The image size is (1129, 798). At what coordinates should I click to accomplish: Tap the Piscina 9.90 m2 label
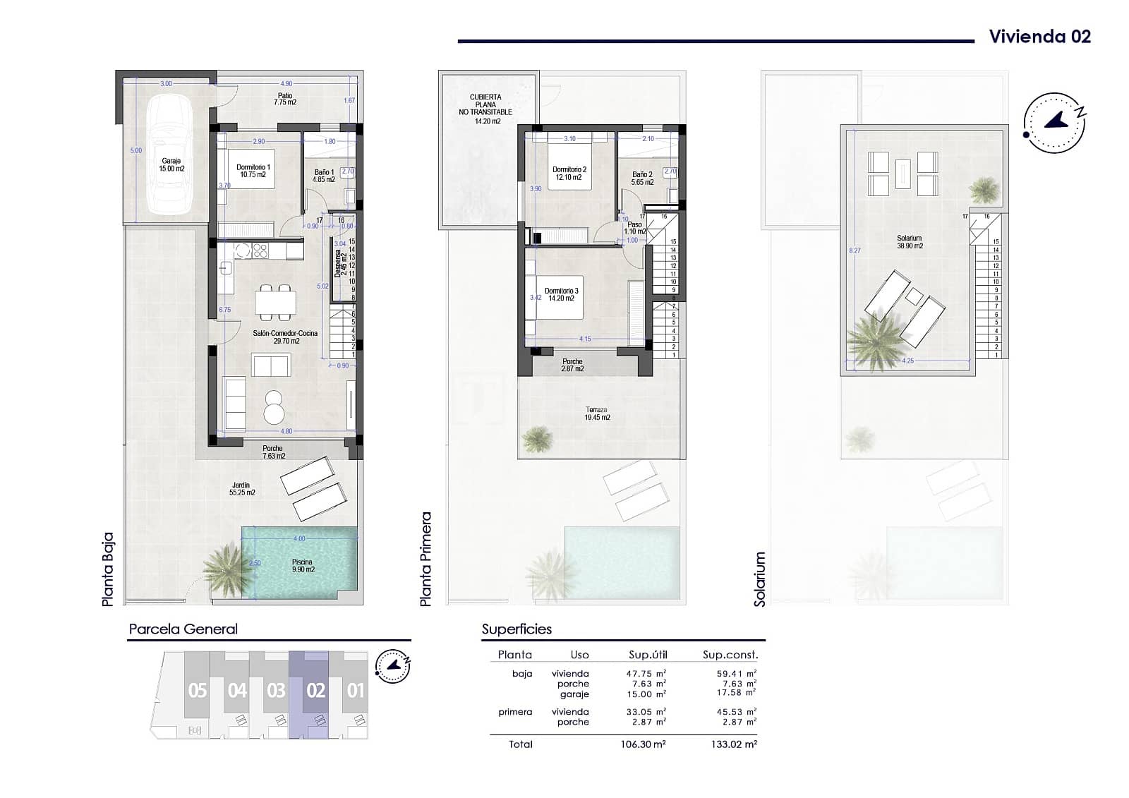pyautogui.click(x=303, y=566)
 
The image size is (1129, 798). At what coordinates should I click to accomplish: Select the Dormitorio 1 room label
pyautogui.click(x=253, y=171)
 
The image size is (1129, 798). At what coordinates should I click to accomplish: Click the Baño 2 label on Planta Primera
pyautogui.click(x=642, y=178)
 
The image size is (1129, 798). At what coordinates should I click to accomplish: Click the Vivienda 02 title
pyautogui.click(x=1039, y=37)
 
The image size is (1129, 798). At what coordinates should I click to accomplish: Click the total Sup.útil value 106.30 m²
pyautogui.click(x=646, y=744)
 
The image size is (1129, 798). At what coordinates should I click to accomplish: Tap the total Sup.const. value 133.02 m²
pyautogui.click(x=737, y=744)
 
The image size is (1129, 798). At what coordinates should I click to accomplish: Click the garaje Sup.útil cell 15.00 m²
pyautogui.click(x=646, y=694)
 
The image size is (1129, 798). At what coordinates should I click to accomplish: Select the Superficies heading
pyautogui.click(x=517, y=629)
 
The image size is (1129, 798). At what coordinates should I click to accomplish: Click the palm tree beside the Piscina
pyautogui.click(x=227, y=569)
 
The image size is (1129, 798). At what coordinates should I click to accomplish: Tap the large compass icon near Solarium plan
pyautogui.click(x=1054, y=122)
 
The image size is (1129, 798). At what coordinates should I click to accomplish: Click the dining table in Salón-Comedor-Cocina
pyautogui.click(x=275, y=303)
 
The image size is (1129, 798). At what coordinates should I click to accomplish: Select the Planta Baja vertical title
pyautogui.click(x=108, y=569)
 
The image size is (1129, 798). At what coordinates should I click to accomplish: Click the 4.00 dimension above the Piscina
pyautogui.click(x=299, y=538)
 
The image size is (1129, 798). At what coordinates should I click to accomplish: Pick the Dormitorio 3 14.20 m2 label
pyautogui.click(x=561, y=294)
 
